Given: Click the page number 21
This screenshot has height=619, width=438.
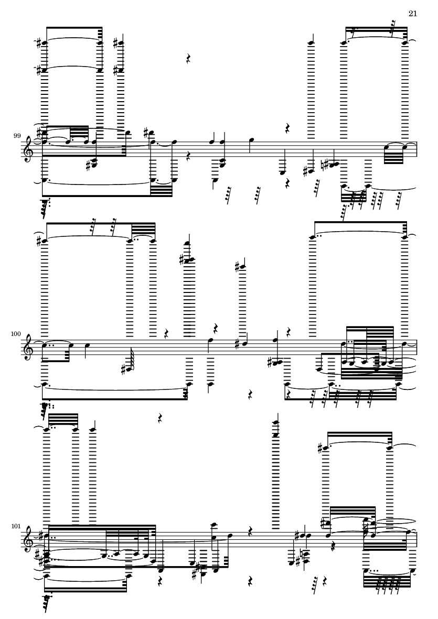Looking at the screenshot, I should pos(412,14).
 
